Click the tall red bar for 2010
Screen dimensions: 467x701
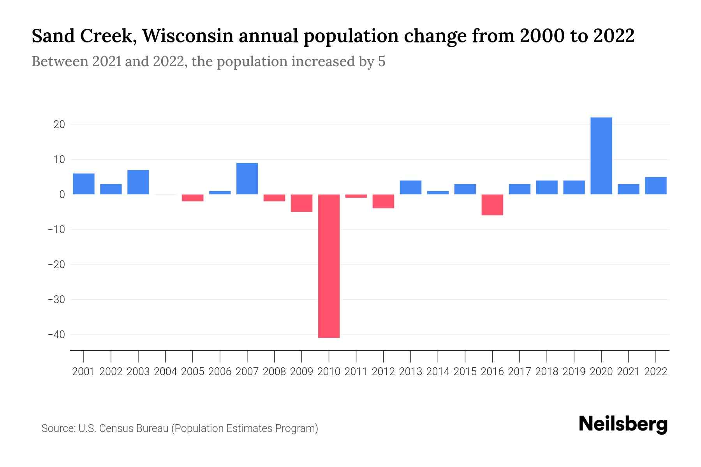(329, 266)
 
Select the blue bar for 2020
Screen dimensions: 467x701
(601, 156)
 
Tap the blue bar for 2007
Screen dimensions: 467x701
(247, 179)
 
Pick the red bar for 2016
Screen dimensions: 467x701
(492, 205)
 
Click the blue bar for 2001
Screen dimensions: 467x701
(84, 184)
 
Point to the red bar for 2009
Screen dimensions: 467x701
(301, 203)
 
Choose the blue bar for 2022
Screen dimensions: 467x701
(655, 186)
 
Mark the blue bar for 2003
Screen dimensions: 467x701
(138, 182)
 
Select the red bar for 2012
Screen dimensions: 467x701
(383, 201)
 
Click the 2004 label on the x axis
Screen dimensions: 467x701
(166, 372)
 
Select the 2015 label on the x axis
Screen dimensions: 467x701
(465, 372)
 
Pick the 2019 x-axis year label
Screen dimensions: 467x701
(574, 372)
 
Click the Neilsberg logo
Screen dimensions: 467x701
(623, 425)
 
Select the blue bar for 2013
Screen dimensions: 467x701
(410, 187)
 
